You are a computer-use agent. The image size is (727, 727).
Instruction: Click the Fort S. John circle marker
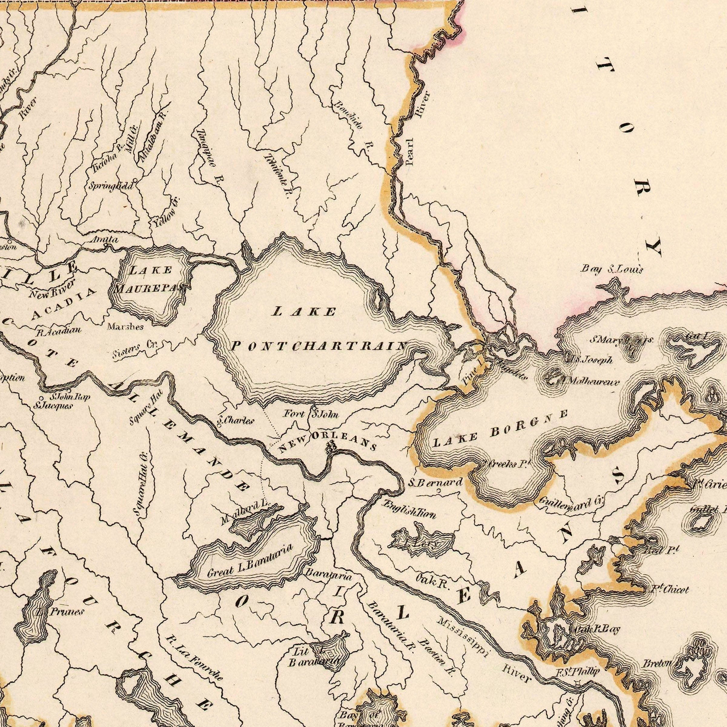point(314,408)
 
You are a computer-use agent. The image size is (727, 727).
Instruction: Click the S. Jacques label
point(53,405)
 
